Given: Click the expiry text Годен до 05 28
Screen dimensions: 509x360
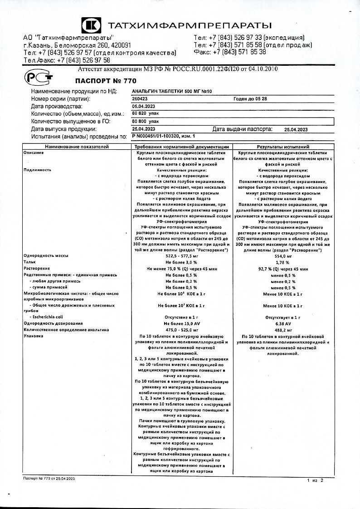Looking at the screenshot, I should [250, 98].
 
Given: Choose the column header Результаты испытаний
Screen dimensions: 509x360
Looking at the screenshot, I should [283, 147].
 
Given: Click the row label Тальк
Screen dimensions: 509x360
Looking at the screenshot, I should [30, 262].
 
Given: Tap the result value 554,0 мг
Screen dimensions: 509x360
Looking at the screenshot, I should [283, 256].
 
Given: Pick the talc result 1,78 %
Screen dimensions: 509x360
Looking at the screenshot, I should [283, 262].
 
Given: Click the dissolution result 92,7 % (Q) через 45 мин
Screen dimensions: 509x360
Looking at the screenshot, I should [283, 269].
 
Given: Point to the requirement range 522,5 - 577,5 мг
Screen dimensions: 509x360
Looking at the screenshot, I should [181, 256].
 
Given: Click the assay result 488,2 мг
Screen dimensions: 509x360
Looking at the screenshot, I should [283, 330].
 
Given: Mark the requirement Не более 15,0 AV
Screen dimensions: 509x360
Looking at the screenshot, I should [181, 323].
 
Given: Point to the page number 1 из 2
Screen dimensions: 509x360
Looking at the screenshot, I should [315, 480].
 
